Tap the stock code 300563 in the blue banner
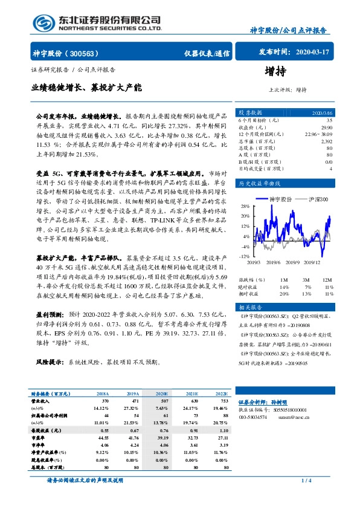tap(89, 53)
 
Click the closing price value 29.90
tap(326, 128)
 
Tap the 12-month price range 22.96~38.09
tap(320, 134)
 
